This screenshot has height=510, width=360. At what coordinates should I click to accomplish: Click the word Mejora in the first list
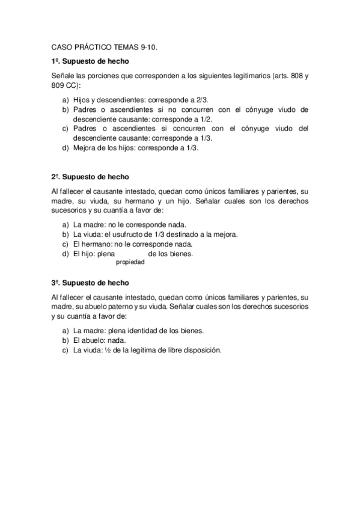(x=85, y=147)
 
